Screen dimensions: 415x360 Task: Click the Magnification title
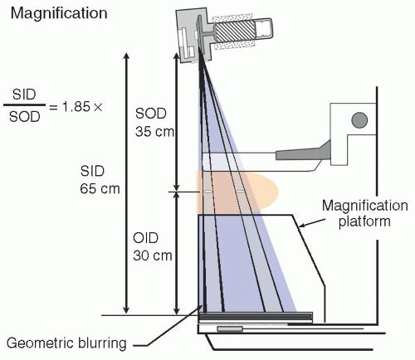(59, 14)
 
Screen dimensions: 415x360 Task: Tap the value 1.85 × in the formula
(82, 106)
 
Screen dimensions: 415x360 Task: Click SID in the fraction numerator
(24, 95)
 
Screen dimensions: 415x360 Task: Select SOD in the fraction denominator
(24, 117)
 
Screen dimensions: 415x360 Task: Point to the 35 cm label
(154, 132)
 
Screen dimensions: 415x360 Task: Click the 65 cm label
(100, 189)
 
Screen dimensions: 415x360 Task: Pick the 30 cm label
(153, 255)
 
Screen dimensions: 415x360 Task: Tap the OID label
(146, 238)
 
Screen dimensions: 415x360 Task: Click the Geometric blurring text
(66, 343)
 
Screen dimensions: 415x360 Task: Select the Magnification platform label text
(365, 213)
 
